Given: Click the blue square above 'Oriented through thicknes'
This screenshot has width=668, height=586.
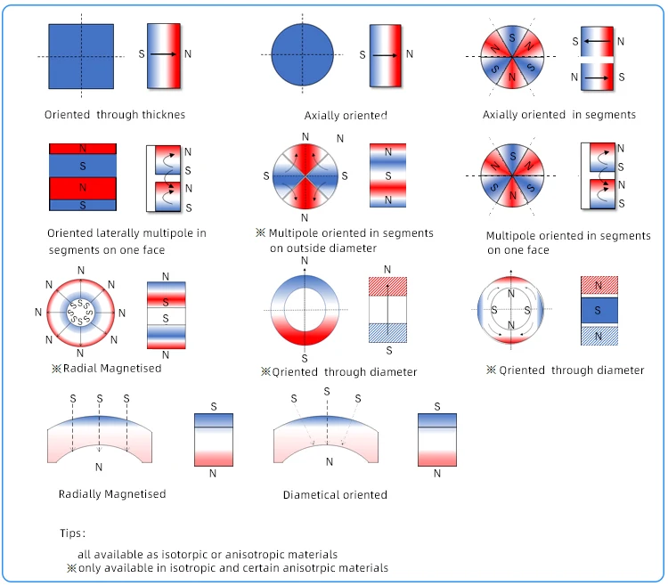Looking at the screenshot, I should pyautogui.click(x=81, y=56).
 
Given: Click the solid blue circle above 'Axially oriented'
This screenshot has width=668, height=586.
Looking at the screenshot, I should pyautogui.click(x=304, y=55).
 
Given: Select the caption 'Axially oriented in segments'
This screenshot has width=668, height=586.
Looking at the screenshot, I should pyautogui.click(x=558, y=115).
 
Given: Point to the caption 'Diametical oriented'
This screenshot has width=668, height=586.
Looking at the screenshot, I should pyautogui.click(x=335, y=494).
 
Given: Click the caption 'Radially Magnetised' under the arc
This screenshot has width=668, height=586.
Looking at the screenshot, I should pyautogui.click(x=112, y=493).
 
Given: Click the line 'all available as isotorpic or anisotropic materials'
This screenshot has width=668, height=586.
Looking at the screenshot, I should pyautogui.click(x=208, y=554).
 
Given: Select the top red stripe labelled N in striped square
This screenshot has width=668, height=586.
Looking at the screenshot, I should pyautogui.click(x=82, y=148).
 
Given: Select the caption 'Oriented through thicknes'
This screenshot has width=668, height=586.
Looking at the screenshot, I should pyautogui.click(x=115, y=115).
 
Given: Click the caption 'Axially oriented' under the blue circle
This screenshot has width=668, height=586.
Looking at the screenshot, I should pyautogui.click(x=346, y=116).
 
